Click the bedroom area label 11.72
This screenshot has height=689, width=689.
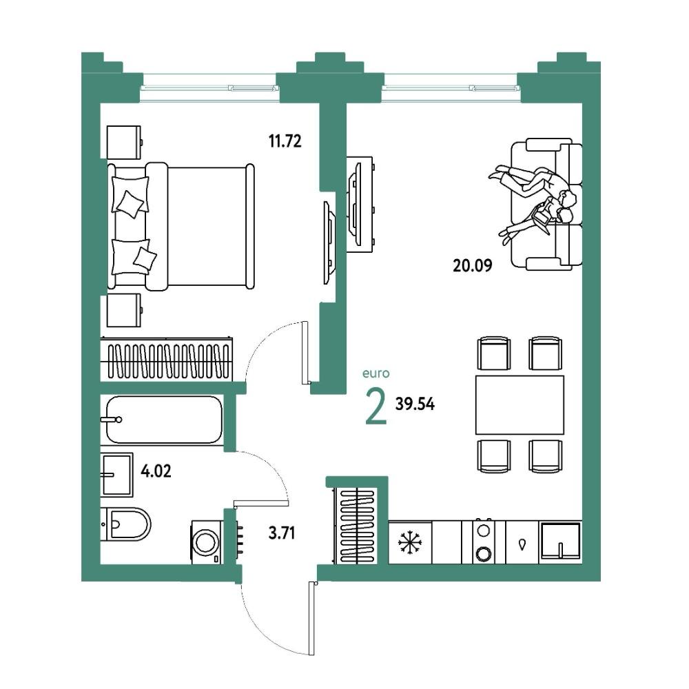pyautogui.click(x=285, y=141)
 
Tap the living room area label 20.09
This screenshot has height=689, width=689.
pyautogui.click(x=473, y=265)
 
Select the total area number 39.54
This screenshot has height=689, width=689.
pyautogui.click(x=415, y=404)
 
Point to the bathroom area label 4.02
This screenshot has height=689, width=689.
pyautogui.click(x=156, y=471)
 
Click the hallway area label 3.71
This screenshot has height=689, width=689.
pyautogui.click(x=282, y=533)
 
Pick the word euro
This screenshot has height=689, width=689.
pyautogui.click(x=376, y=373)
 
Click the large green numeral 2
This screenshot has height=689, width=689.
pyautogui.click(x=376, y=407)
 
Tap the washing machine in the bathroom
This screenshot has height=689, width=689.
pyautogui.click(x=206, y=542)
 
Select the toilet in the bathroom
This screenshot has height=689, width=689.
pyautogui.click(x=126, y=524)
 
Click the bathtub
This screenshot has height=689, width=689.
pyautogui.click(x=164, y=420)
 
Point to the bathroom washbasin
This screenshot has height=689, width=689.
pyautogui.click(x=116, y=475)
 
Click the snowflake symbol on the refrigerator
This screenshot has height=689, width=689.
pyautogui.click(x=409, y=543)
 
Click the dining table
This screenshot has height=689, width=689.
pyautogui.click(x=520, y=404)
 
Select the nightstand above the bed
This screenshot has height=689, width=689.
pyautogui.click(x=125, y=143)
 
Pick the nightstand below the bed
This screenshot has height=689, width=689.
pyautogui.click(x=125, y=311)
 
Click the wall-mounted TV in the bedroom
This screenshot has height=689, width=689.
pyautogui.click(x=329, y=243)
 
